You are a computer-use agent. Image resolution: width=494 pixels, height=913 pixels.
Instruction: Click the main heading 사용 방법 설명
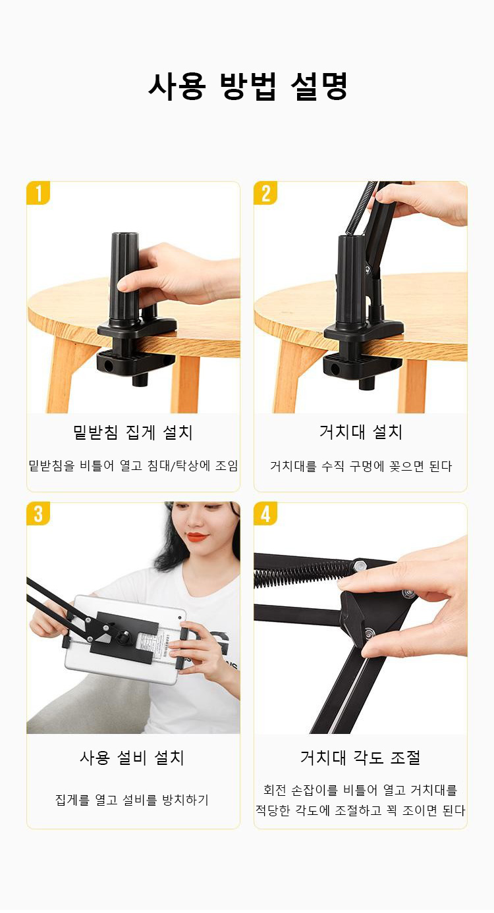[x=248, y=86]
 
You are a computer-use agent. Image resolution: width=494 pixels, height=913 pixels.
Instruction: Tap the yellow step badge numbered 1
[x=38, y=193]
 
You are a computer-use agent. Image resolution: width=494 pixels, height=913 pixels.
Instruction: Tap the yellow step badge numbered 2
[x=265, y=193]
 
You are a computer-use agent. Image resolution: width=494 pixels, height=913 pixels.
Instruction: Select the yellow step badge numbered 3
[x=38, y=513]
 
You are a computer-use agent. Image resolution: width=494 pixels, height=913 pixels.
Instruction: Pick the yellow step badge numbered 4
[x=265, y=513]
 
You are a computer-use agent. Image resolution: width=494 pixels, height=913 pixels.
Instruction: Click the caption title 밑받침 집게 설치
[x=133, y=432]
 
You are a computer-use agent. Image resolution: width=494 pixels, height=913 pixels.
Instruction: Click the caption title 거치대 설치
[x=360, y=432]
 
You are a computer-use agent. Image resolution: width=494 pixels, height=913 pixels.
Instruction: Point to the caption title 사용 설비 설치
[x=132, y=757]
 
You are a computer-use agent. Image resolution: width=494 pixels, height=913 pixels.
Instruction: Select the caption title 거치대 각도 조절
[x=360, y=757]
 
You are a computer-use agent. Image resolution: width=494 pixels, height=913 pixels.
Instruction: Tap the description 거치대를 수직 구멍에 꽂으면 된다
[x=361, y=466]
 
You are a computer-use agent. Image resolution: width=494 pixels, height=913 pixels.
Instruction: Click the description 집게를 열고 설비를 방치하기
[x=132, y=800]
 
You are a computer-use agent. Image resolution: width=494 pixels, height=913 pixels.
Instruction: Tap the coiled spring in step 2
[x=359, y=208]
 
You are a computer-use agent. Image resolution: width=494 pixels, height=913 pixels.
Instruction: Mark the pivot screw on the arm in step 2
[x=368, y=269]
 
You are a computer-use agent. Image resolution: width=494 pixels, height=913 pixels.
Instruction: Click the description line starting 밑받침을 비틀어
[x=133, y=466]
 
